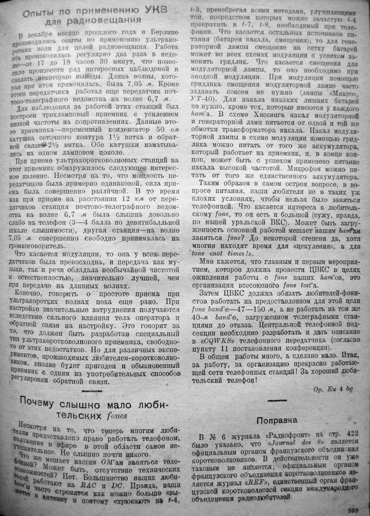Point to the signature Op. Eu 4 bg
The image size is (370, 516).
[333, 389]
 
